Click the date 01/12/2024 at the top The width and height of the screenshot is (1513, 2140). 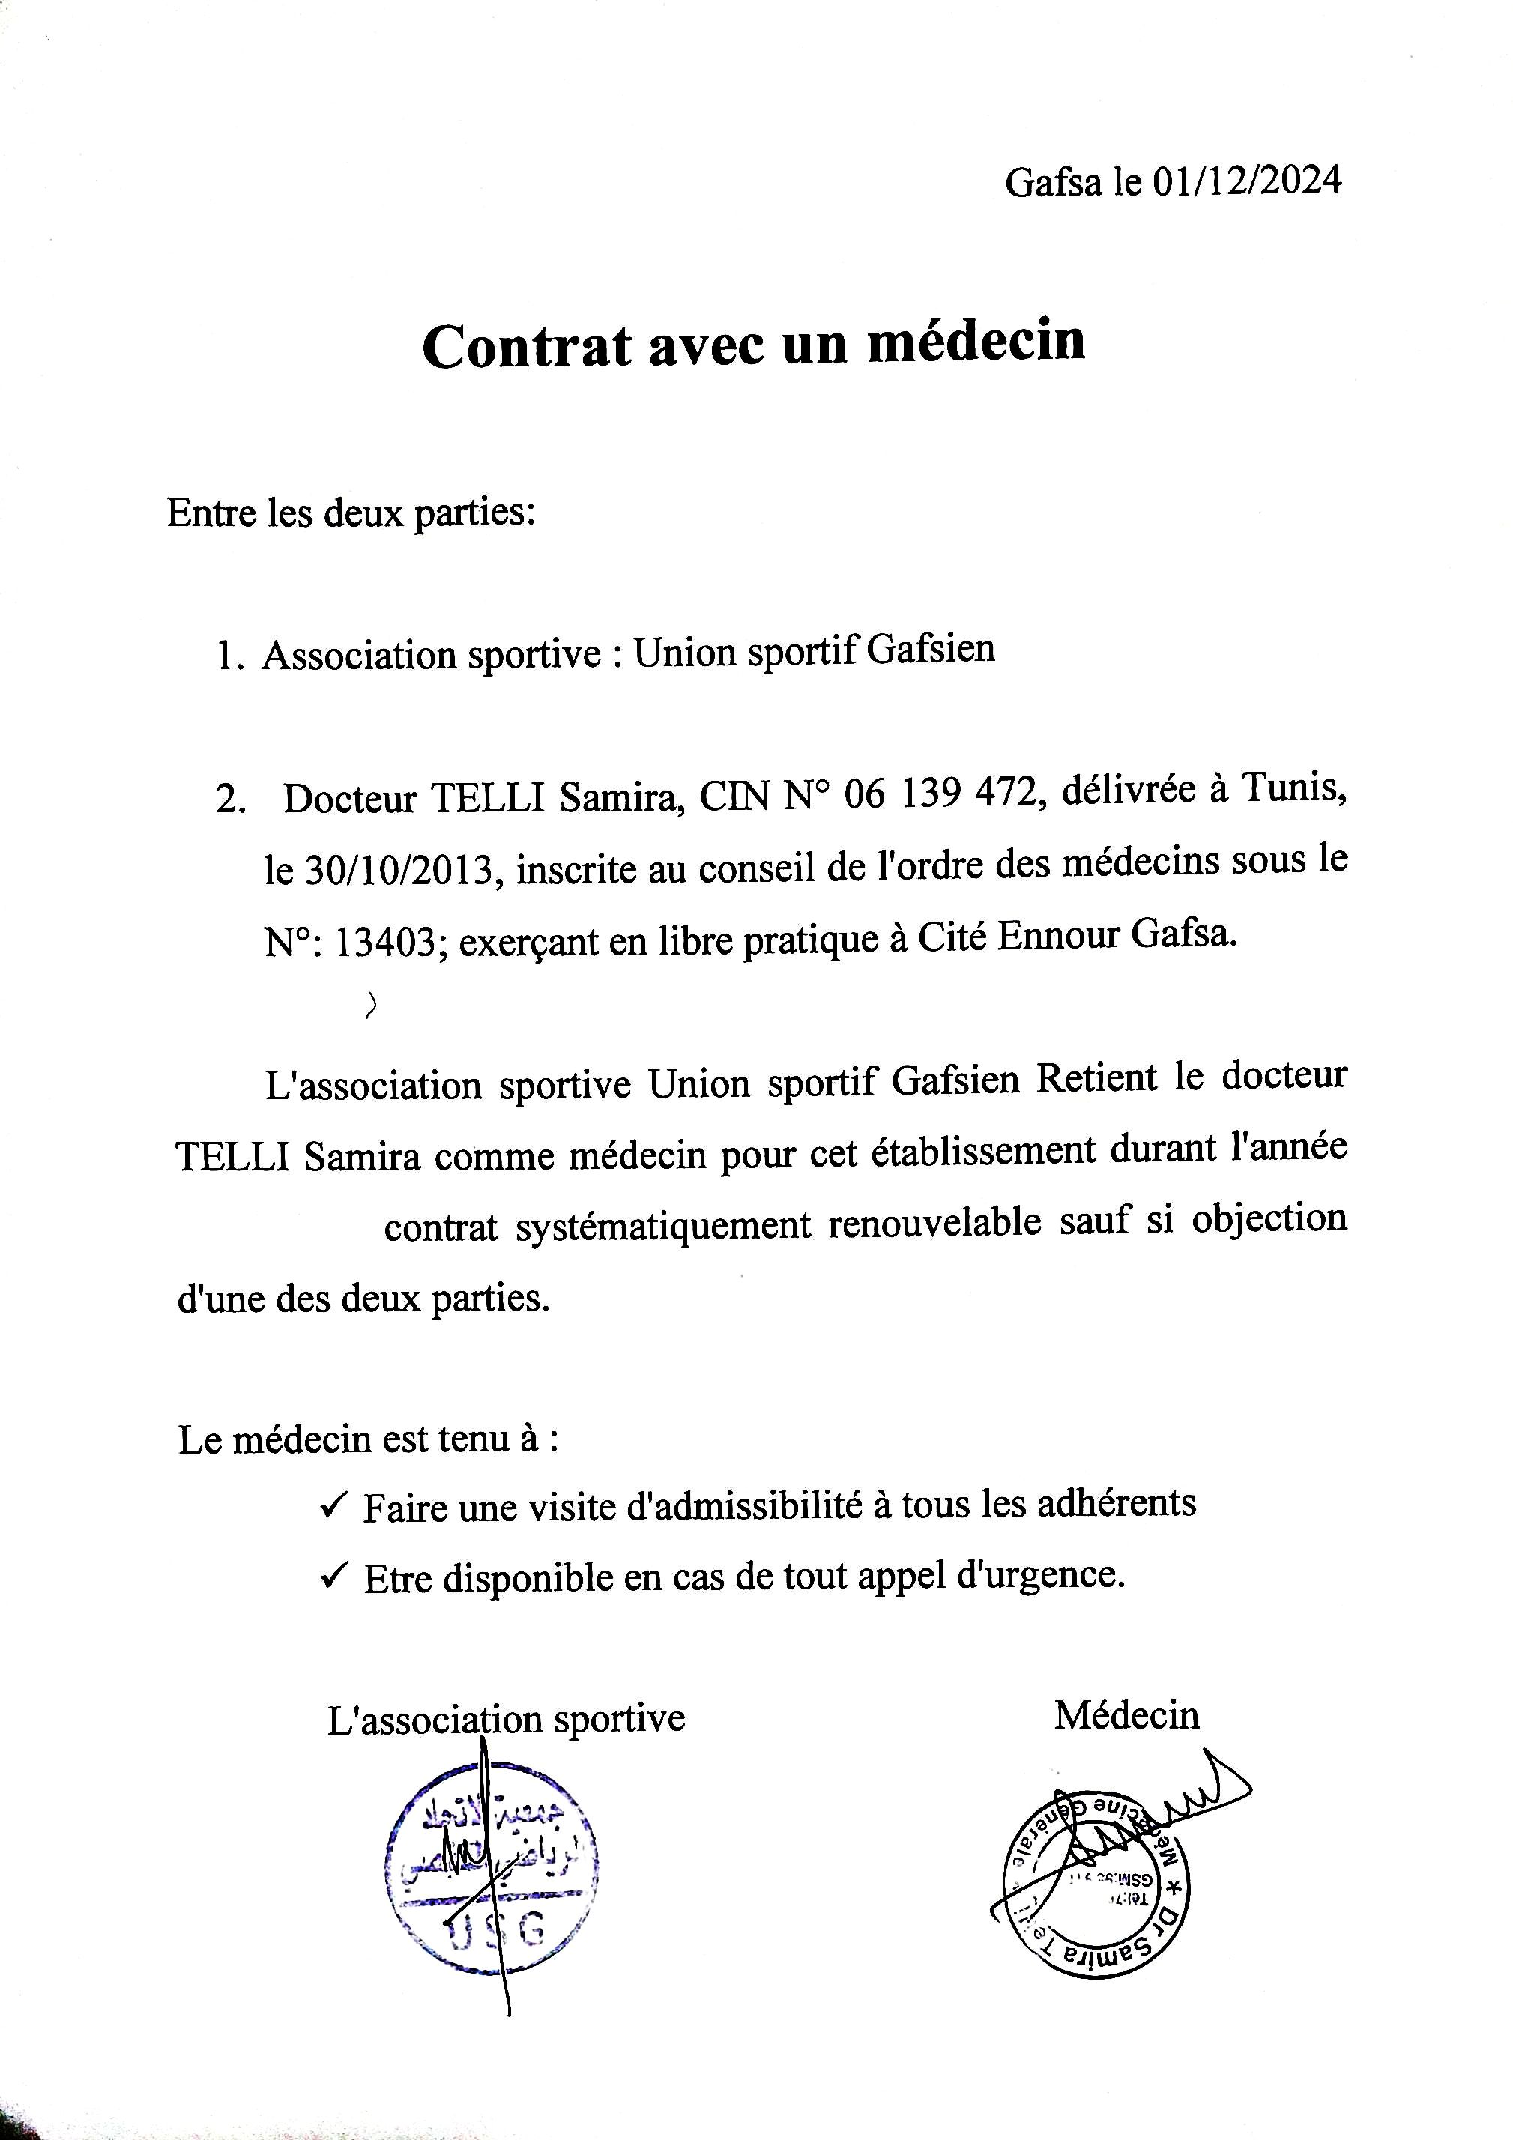point(1246,180)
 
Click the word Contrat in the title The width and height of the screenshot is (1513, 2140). point(527,347)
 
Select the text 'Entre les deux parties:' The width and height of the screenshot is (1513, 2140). point(351,513)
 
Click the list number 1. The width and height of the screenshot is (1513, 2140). point(229,657)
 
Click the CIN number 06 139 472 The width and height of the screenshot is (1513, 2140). point(940,795)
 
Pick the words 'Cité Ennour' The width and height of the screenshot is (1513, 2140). point(1018,936)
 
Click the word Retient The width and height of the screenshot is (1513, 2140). point(1096,1079)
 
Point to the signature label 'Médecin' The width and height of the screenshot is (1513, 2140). point(1126,1716)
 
